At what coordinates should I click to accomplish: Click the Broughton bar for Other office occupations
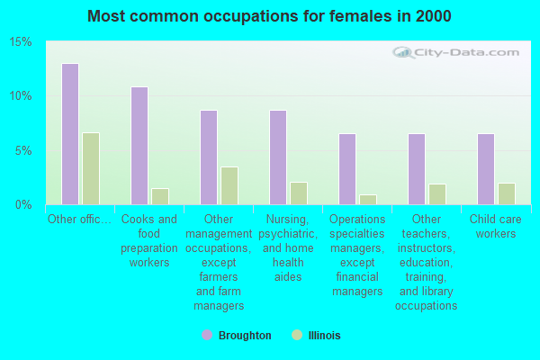(70, 134)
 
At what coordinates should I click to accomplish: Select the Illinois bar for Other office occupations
(91, 168)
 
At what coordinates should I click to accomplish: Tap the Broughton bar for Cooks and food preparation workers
(139, 146)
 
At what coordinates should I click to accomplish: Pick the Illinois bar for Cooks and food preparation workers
(160, 196)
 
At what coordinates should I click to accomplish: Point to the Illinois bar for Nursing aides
(299, 193)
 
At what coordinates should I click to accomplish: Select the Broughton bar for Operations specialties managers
(347, 169)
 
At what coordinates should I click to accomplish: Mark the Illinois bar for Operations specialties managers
(368, 200)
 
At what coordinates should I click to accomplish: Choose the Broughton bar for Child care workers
(486, 169)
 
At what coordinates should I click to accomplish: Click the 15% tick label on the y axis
(21, 42)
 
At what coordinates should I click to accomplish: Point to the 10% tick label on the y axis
(21, 96)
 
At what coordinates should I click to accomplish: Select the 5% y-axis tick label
(23, 150)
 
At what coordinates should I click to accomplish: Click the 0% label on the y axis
(23, 204)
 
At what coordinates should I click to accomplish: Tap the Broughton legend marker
(207, 335)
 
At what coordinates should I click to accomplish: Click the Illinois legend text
(323, 336)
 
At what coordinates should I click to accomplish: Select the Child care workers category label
(496, 227)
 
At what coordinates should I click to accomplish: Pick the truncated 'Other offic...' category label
(80, 220)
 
